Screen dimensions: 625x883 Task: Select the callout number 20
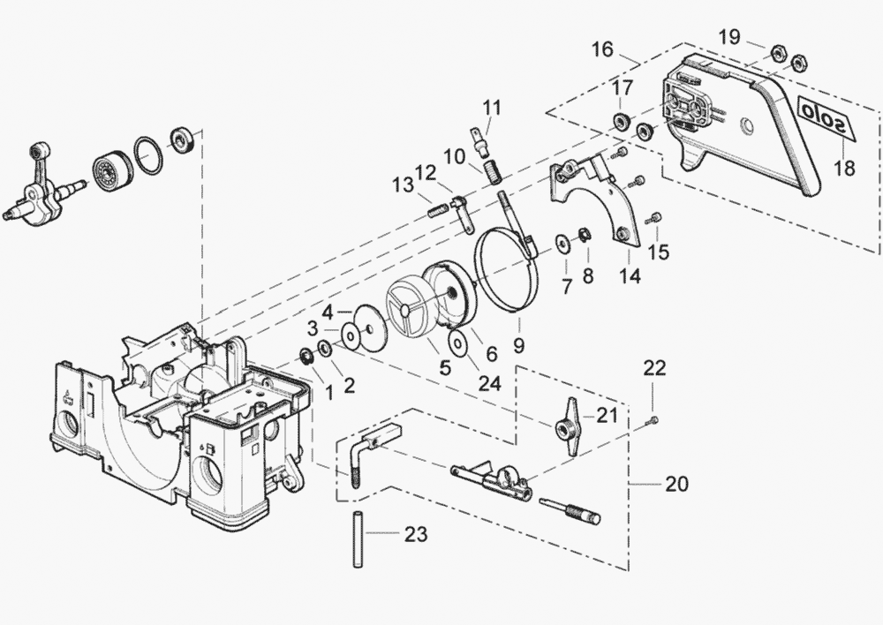pyautogui.click(x=677, y=484)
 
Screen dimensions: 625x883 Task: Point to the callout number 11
pyautogui.click(x=492, y=108)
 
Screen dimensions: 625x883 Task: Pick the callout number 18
pyautogui.click(x=845, y=168)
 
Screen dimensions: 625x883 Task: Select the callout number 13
pyautogui.click(x=404, y=185)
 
